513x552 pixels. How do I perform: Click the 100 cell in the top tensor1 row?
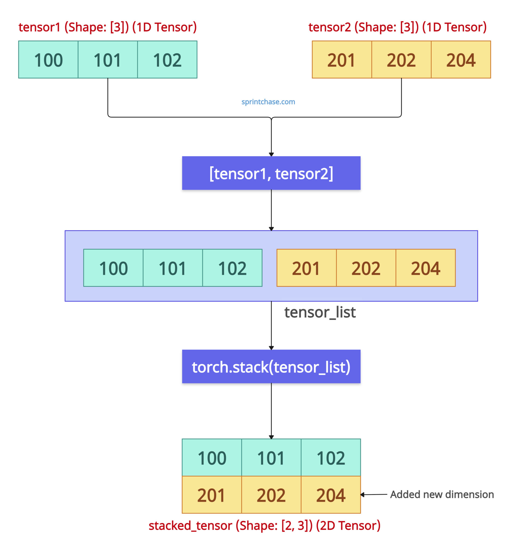pos(48,60)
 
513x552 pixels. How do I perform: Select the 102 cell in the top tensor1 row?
pos(167,60)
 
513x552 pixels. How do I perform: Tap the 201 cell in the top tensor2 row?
pos(342,60)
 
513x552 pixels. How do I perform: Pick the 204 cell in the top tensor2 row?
pos(461,60)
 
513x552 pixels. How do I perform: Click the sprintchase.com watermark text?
pos(268,102)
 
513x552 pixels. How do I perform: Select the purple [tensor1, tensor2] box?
pos(271,173)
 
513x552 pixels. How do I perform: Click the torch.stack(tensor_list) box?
pos(271,367)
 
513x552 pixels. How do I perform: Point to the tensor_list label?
pos(320,312)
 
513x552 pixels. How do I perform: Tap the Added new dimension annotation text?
pos(442,495)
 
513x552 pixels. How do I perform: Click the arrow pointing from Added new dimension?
pos(373,495)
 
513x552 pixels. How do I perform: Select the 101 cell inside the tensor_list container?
pos(173,268)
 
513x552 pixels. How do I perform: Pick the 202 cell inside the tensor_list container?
pos(366,268)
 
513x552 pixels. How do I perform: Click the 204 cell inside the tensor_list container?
pos(425,268)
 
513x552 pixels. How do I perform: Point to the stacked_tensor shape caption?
pos(265,526)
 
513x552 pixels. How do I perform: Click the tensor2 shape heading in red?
pos(397,27)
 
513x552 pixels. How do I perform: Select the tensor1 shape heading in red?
pos(108,27)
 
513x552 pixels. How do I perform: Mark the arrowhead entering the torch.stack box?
pos(271,348)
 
